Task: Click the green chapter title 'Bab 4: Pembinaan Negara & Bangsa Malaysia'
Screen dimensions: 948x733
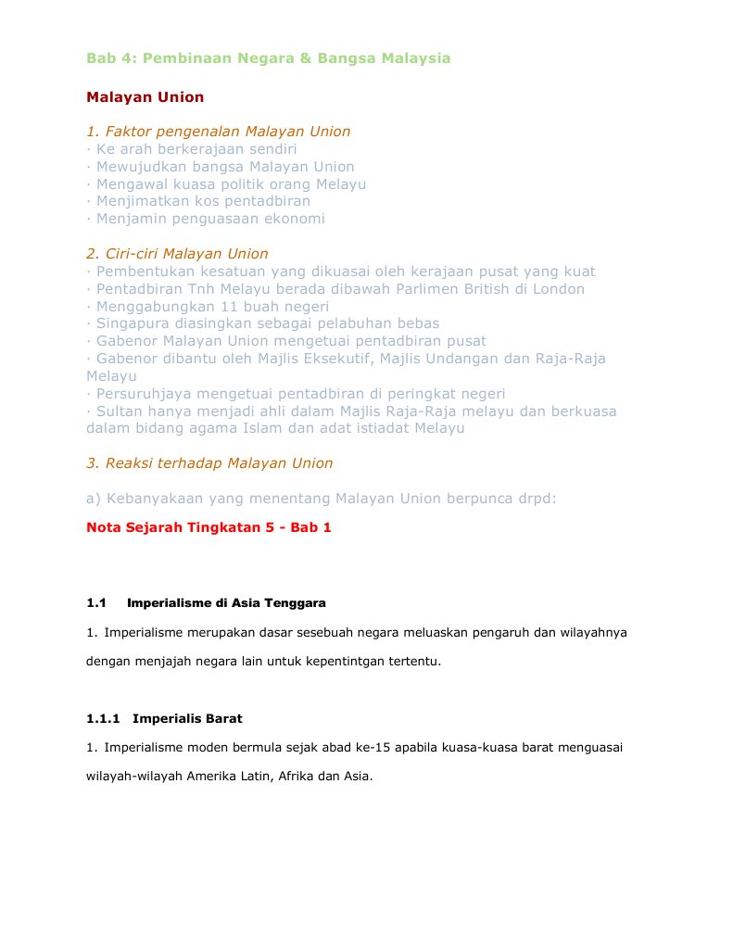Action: tap(269, 58)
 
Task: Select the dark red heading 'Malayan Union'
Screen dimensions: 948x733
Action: tap(145, 97)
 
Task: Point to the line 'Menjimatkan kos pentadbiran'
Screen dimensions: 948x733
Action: tap(203, 201)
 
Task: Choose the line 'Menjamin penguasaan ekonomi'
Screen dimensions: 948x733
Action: tap(210, 219)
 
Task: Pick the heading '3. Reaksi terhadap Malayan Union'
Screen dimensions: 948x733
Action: tap(209, 463)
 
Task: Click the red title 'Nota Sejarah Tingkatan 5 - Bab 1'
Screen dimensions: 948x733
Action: tap(209, 527)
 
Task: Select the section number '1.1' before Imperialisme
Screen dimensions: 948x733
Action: tap(97, 603)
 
